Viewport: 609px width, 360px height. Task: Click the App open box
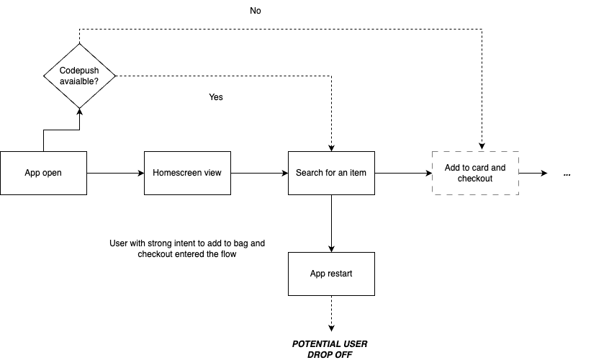[x=43, y=173]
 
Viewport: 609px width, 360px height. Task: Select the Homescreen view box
[x=187, y=173]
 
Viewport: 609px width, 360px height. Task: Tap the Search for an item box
[x=331, y=173]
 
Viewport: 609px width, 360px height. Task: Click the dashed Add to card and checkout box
[x=474, y=173]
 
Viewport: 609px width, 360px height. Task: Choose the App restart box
[x=331, y=274]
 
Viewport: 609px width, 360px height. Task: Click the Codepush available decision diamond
[x=79, y=75]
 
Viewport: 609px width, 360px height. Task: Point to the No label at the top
[x=256, y=11]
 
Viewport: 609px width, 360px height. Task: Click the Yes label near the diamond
[x=216, y=97]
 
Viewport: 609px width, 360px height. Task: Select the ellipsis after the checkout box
[x=567, y=174]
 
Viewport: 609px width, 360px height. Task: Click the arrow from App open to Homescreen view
[x=115, y=173]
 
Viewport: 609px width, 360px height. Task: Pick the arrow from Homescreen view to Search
[x=259, y=173]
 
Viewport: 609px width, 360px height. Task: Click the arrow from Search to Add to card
[x=403, y=173]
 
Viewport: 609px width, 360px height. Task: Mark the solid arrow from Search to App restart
[x=331, y=223]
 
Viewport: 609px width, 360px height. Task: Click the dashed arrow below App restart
[x=331, y=313]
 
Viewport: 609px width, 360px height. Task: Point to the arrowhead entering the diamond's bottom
[x=79, y=109]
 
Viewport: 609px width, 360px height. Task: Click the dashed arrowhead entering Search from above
[x=331, y=147]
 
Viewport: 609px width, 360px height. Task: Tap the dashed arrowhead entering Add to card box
[x=481, y=147]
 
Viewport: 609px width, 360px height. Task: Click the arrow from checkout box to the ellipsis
[x=533, y=173]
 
